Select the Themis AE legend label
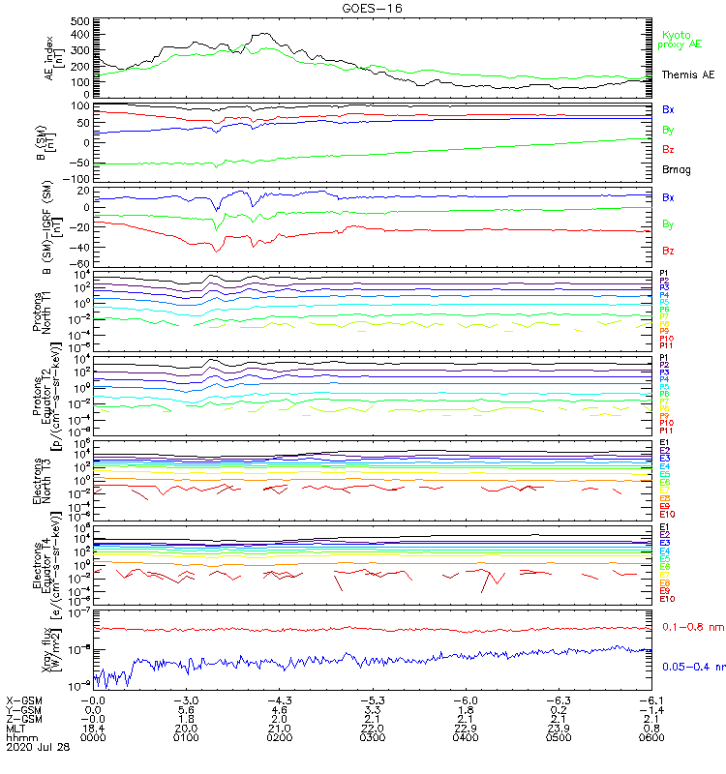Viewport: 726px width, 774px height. point(689,74)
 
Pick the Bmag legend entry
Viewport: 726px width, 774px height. point(676,169)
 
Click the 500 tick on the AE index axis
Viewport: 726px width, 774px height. point(80,20)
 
